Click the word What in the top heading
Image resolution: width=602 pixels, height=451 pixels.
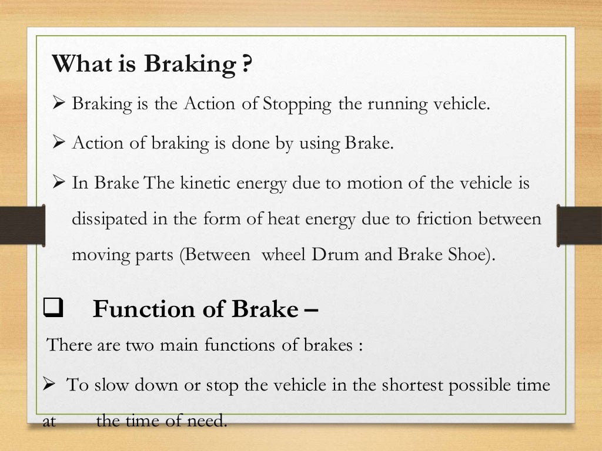[79, 63]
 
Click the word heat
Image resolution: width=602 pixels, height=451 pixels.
[285, 220]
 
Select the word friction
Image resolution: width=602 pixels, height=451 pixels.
[430, 220]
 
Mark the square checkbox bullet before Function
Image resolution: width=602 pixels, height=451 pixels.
[53, 309]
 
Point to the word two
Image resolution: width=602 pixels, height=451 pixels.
[140, 345]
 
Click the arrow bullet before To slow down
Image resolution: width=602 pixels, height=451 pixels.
[50, 386]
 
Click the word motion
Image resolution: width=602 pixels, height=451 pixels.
[370, 183]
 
